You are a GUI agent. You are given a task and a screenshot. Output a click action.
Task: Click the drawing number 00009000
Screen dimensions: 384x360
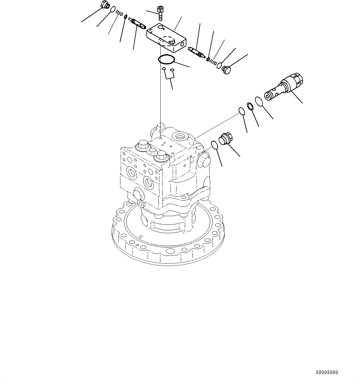327,372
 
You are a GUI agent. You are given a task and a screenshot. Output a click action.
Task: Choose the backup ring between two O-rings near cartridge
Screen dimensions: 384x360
250,106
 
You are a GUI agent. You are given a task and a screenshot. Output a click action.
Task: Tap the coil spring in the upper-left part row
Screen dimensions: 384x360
119,14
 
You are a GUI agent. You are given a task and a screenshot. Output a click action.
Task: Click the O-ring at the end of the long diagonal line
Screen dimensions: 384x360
241,111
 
